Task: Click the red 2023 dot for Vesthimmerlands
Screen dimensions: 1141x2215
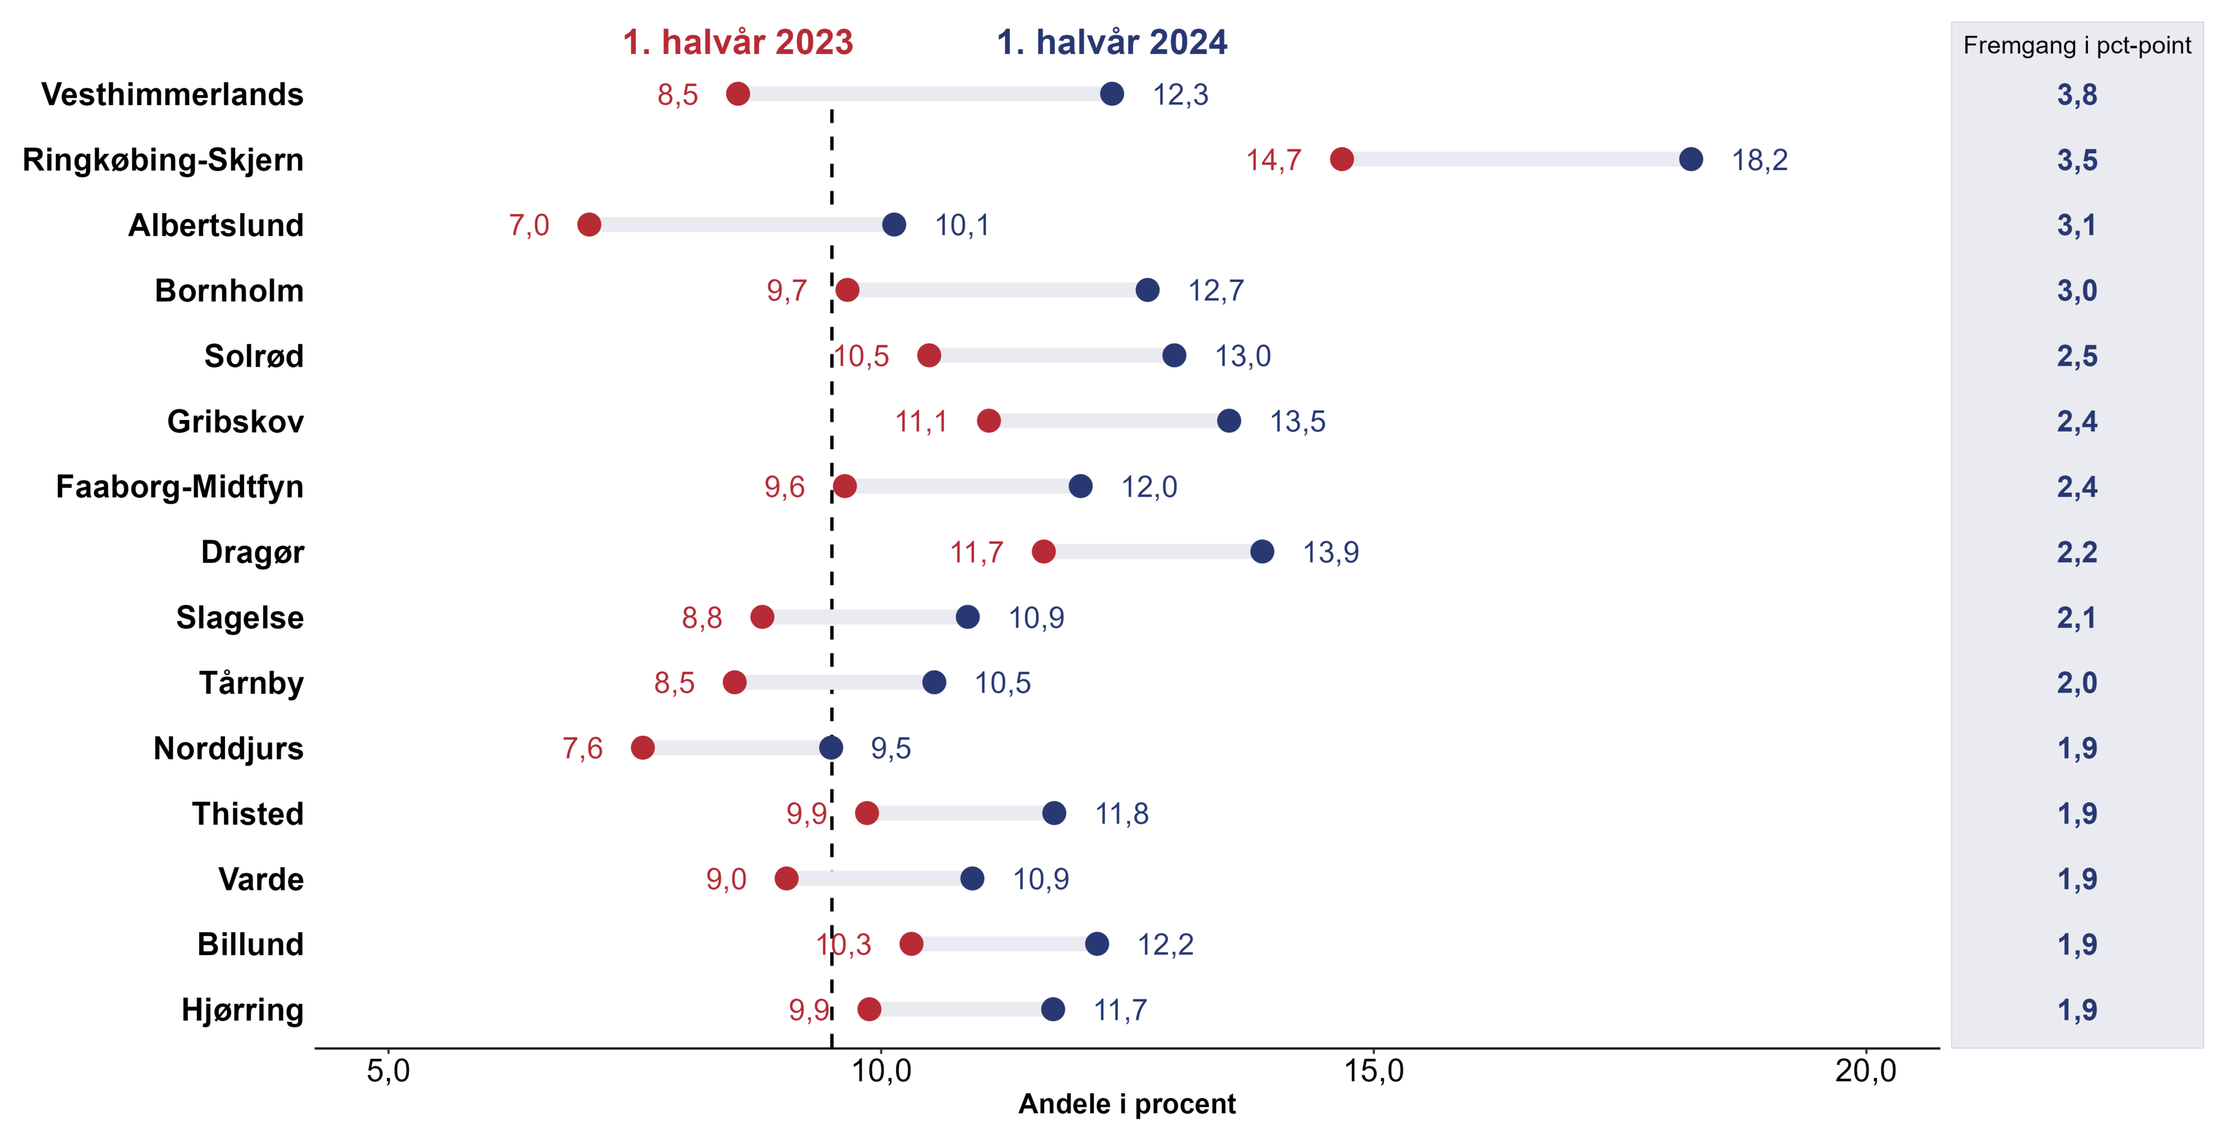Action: coord(738,94)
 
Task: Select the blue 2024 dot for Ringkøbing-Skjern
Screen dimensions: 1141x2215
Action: coord(1691,159)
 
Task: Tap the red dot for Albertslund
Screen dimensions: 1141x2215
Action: coord(589,224)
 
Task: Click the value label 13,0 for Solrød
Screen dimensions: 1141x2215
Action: coord(1242,356)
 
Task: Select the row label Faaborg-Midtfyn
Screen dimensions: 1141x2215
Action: coord(180,487)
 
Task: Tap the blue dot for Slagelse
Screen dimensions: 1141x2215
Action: coord(967,617)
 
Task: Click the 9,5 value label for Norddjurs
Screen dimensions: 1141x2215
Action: coord(890,748)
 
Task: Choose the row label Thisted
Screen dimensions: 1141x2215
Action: coord(247,813)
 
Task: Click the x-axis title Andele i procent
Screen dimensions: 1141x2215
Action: coord(1126,1104)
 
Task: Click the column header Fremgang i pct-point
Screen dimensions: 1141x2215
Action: coord(2076,46)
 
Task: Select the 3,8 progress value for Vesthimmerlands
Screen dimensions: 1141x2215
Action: coord(2076,95)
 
